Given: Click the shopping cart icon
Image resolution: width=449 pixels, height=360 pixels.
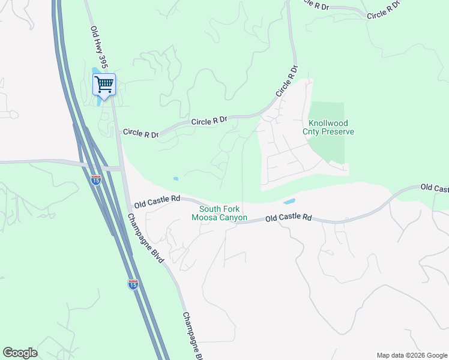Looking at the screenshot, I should coord(104,85).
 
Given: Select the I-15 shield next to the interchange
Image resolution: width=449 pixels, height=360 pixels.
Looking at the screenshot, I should coord(96,179).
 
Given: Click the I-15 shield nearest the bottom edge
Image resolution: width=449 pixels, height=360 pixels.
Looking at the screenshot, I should coord(133,283).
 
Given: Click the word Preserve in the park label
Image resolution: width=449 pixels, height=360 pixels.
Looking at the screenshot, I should coord(338,132).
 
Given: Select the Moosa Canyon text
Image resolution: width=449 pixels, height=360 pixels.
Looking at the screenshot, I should coord(219,217).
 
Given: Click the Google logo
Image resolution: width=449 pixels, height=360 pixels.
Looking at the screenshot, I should coord(20,352).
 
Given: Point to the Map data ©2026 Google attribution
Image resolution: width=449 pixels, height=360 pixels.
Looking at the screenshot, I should coord(411,355).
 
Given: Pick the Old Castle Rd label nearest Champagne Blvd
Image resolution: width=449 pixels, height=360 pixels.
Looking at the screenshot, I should coord(157,200).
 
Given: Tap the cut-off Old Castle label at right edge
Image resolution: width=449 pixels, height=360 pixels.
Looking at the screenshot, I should coord(434,188).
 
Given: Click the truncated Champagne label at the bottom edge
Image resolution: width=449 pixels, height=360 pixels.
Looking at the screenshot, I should coord(193,335).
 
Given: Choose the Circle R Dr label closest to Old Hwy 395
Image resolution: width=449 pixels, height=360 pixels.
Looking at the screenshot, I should coord(140,133).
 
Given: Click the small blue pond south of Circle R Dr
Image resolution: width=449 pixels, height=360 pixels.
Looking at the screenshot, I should coord(175,179).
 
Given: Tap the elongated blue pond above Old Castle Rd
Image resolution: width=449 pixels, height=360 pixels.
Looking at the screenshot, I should coord(289,201).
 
